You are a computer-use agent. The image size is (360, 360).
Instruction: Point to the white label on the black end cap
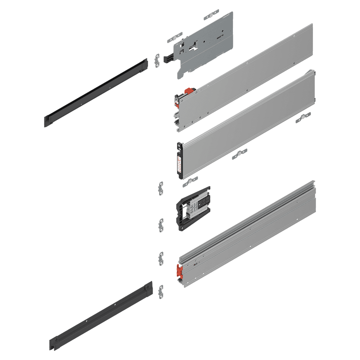(178, 162)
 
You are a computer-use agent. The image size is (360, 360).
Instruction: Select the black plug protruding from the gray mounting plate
(168, 58)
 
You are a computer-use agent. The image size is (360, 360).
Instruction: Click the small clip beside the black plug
(157, 60)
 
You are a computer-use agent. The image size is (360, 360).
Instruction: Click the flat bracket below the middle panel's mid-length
(239, 154)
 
